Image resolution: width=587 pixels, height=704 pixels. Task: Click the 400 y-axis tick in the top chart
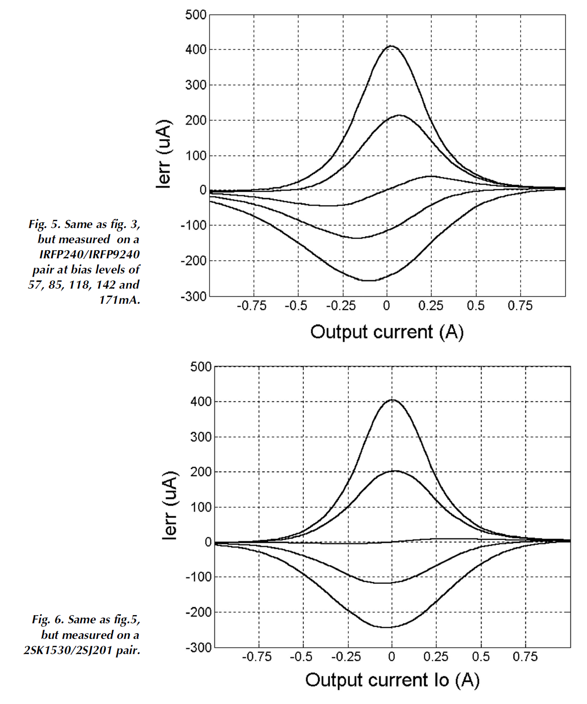(196, 50)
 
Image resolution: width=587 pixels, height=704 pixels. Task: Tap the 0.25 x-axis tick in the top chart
(431, 306)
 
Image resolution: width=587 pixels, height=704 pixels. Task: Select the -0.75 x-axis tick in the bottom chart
(257, 657)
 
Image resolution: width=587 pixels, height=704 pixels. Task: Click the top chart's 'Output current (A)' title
(387, 332)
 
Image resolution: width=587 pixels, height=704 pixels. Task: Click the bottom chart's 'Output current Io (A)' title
(392, 680)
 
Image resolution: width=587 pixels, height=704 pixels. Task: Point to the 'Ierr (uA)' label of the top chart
(165, 153)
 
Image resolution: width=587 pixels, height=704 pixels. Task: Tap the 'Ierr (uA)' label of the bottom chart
(170, 505)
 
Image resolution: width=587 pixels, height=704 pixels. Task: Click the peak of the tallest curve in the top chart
(391, 46)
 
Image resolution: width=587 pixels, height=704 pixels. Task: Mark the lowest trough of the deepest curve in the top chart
(369, 280)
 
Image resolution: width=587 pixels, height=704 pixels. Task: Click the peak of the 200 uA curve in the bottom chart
(395, 471)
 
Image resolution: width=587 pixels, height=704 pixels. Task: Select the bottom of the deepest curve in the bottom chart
(386, 627)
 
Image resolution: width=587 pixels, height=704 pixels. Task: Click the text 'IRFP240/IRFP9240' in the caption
(89, 255)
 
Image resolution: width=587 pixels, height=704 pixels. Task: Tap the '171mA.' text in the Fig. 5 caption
(120, 300)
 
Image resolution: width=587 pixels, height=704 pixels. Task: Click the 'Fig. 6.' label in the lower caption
(48, 620)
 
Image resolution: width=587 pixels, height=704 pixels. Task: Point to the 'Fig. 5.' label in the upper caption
(44, 224)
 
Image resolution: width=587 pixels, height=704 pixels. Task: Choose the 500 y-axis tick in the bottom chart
(201, 366)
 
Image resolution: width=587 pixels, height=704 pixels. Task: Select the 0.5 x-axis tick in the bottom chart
(481, 657)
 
